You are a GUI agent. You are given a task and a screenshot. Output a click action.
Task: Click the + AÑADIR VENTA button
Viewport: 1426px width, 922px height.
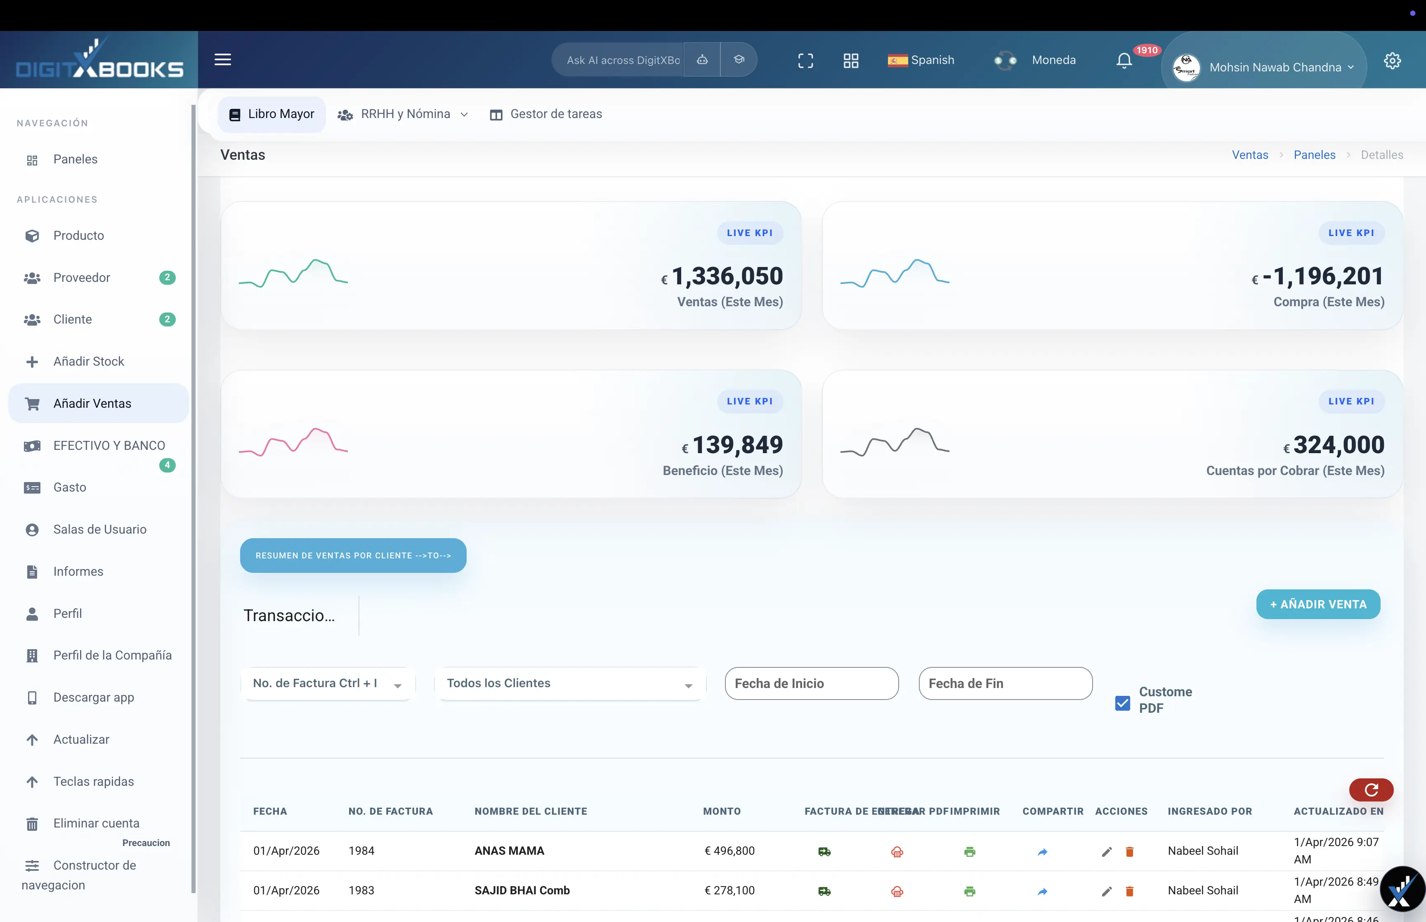(x=1318, y=604)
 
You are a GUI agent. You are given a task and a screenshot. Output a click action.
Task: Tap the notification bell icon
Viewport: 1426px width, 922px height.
(x=1124, y=61)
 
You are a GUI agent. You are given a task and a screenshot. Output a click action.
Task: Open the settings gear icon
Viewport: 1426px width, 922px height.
(x=1392, y=61)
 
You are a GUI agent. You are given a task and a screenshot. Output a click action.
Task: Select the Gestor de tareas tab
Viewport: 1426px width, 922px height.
(x=546, y=114)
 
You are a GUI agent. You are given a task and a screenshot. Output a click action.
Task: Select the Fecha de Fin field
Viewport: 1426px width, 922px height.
(x=1005, y=683)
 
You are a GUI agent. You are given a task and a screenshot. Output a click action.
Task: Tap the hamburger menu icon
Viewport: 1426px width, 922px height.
(x=223, y=59)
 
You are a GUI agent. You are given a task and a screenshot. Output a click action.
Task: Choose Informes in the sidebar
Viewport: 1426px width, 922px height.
(x=78, y=571)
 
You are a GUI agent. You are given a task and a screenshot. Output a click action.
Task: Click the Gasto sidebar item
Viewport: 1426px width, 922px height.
(x=69, y=487)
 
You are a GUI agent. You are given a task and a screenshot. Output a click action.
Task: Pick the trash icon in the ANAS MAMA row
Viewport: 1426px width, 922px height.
(x=1129, y=851)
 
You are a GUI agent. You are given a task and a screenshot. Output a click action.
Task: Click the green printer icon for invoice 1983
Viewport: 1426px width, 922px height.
(x=969, y=891)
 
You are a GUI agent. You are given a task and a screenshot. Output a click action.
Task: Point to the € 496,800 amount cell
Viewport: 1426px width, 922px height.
(x=730, y=851)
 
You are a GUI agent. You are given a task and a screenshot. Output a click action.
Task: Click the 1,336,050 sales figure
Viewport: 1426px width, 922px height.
(x=727, y=276)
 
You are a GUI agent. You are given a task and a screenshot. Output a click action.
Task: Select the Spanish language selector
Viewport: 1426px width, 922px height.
(x=921, y=60)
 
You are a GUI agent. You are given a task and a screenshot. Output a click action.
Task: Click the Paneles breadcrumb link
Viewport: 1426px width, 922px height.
(x=1314, y=154)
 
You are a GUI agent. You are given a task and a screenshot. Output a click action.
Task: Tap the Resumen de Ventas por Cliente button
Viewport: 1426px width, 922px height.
(x=353, y=555)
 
